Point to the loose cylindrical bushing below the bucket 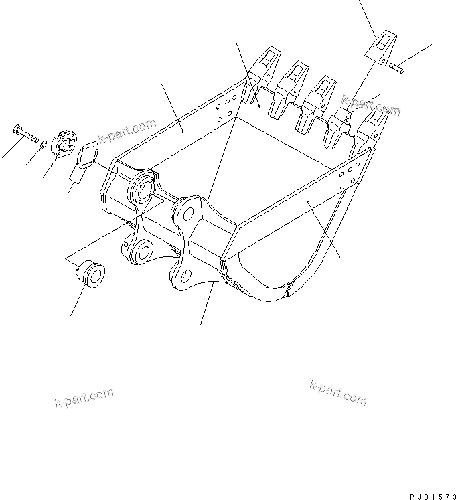coord(90,275)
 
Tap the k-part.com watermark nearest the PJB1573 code coord(338,394)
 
